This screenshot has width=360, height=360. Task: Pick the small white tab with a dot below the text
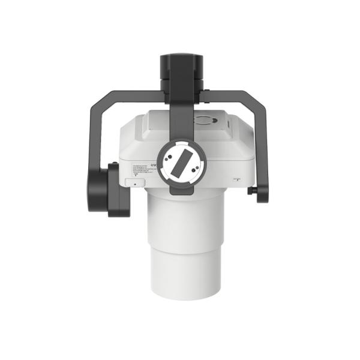pyautogui.click(x=134, y=182)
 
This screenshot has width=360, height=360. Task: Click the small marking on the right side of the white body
pyautogui.click(x=237, y=179)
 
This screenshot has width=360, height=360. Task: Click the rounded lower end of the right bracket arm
pyautogui.click(x=263, y=196)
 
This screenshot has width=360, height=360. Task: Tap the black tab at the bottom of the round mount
pyautogui.click(x=179, y=191)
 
